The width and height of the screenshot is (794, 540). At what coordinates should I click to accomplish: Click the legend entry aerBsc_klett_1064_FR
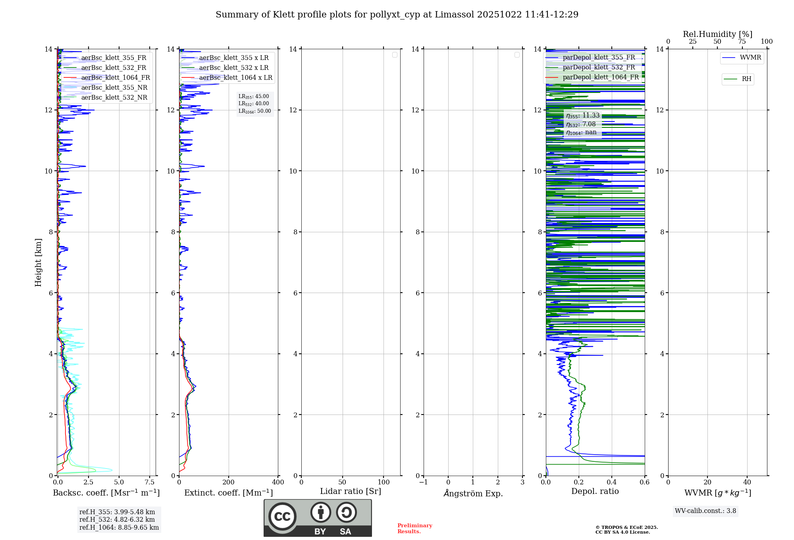coord(116,78)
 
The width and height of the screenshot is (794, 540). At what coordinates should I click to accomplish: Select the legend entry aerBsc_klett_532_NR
coord(114,98)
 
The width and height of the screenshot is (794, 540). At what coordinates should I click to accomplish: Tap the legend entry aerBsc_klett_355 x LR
coord(234,58)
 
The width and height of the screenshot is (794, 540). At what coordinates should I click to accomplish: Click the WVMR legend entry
coord(750,58)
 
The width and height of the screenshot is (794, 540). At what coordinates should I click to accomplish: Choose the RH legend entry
coord(746,79)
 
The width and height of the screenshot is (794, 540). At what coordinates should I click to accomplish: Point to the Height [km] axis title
coord(38,262)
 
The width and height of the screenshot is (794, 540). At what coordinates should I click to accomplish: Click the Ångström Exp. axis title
coord(473,493)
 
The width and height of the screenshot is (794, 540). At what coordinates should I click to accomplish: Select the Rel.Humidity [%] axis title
coord(717,34)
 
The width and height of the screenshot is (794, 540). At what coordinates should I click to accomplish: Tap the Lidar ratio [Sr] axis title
coord(351,492)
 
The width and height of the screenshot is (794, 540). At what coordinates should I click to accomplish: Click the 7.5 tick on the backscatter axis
coord(150,482)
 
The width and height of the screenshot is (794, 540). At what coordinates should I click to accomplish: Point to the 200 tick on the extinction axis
coord(229,482)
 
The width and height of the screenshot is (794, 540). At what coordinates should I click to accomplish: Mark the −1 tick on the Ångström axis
coord(424,482)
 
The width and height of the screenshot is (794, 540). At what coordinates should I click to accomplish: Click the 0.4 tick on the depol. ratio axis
coord(612,482)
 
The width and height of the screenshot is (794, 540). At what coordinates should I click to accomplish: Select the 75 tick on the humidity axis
coord(742,42)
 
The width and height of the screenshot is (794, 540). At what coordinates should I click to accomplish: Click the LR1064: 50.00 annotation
coord(255,111)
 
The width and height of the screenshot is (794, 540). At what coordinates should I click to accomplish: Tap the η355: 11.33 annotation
coord(583,116)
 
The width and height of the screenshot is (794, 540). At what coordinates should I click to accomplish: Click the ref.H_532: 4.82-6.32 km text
coord(117,520)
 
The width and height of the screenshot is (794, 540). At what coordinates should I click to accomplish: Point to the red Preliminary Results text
coord(414,528)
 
